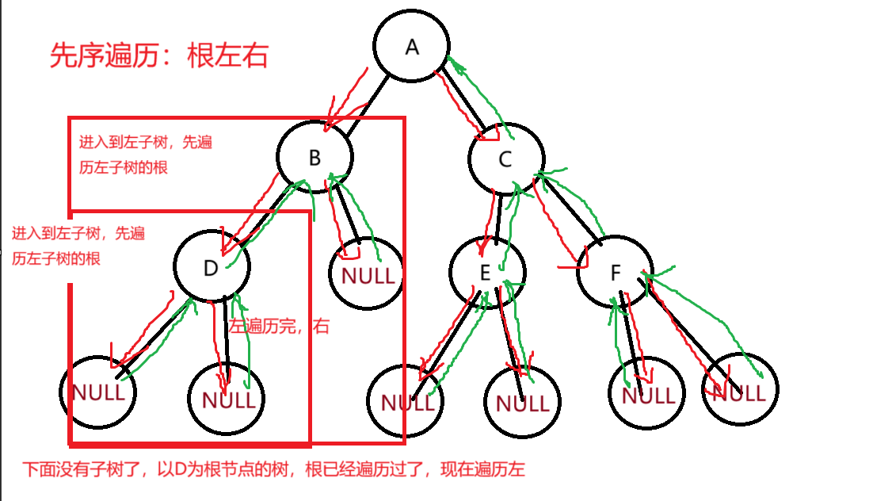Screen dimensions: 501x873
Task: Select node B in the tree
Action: point(314,158)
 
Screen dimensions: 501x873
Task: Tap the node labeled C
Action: point(505,159)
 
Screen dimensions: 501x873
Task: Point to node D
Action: point(210,268)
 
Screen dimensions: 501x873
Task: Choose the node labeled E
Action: point(486,273)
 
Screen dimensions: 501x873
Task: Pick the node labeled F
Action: point(616,273)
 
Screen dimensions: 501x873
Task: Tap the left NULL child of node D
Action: point(98,392)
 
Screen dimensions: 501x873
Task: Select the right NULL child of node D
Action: point(229,399)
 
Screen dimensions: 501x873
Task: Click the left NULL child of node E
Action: point(406,402)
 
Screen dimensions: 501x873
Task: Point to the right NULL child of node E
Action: point(522,403)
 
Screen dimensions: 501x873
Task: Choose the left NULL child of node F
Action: point(647,394)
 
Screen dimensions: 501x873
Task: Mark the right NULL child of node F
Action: point(739,392)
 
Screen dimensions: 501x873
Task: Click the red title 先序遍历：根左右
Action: point(158,56)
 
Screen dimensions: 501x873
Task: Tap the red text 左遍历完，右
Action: point(279,326)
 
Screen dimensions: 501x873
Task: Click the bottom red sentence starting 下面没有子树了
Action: point(273,469)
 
